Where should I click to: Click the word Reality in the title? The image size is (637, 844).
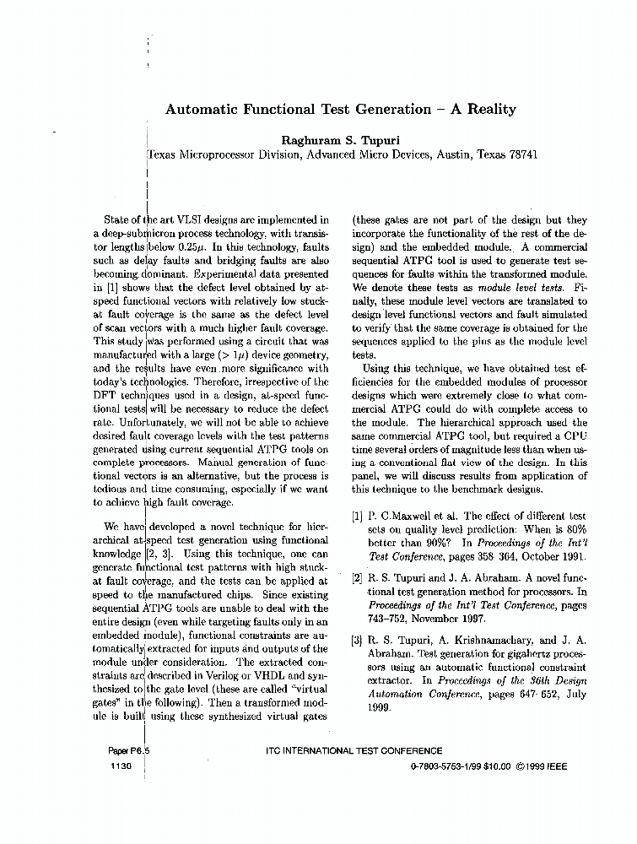tap(488, 109)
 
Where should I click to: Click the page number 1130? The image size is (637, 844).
tap(121, 766)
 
